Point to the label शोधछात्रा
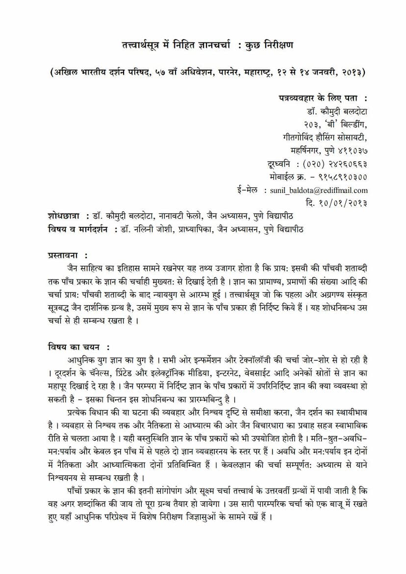coord(64,215)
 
